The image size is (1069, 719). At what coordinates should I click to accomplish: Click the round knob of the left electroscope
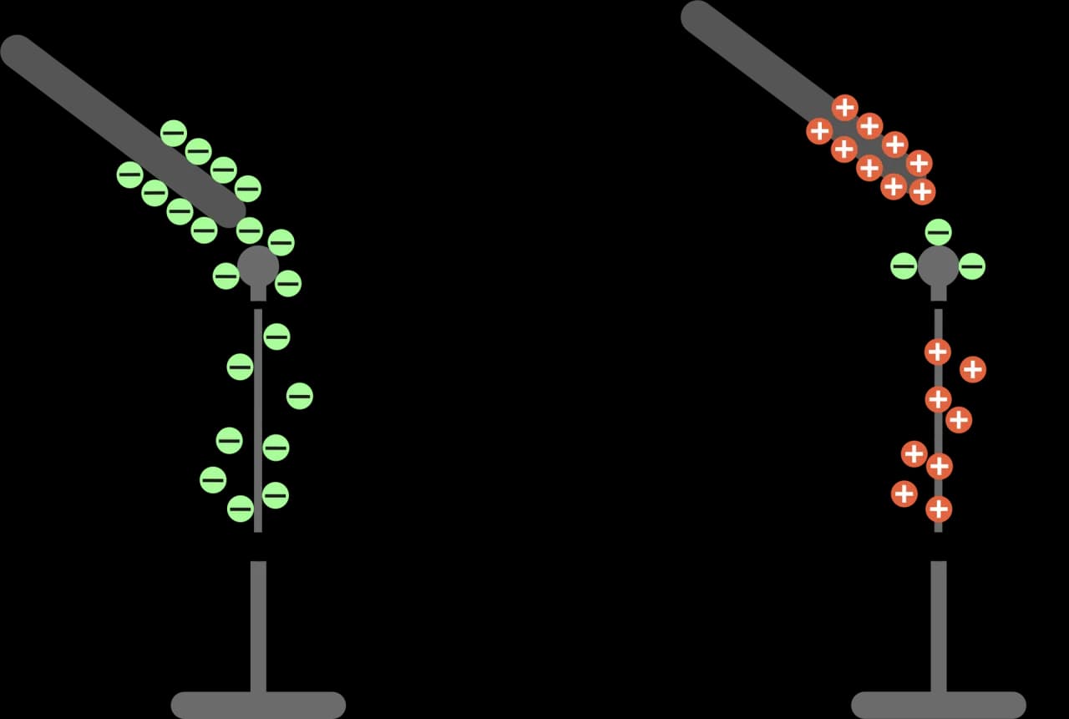pos(258,266)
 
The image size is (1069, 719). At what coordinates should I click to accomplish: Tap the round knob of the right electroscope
pos(938,266)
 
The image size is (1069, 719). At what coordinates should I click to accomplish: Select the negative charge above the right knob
pos(938,231)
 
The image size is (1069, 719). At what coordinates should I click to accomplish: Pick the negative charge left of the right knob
pos(904,266)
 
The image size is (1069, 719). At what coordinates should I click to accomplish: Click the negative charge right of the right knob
pos(971,266)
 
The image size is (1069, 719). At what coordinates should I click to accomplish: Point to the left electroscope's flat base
pos(258,705)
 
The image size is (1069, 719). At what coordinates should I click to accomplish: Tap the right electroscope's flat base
pos(938,705)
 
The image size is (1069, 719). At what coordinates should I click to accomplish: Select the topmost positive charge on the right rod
pos(844,108)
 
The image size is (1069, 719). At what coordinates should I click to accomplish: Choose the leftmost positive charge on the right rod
pos(819,130)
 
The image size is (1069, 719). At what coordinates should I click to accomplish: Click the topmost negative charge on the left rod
pos(173,133)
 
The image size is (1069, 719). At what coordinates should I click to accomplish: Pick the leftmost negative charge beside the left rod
pos(129,175)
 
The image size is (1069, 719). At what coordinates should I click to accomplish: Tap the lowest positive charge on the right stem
pos(939,509)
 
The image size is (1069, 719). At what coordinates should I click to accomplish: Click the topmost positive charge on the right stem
pos(938,352)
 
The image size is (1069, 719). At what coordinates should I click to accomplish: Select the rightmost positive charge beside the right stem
pos(972,369)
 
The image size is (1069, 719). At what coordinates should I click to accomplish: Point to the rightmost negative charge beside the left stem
pos(299,396)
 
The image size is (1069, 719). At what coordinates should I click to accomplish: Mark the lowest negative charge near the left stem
pos(240,508)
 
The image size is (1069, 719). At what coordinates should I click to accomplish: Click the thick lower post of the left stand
pos(258,626)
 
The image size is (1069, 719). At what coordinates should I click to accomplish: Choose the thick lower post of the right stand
pos(938,626)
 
